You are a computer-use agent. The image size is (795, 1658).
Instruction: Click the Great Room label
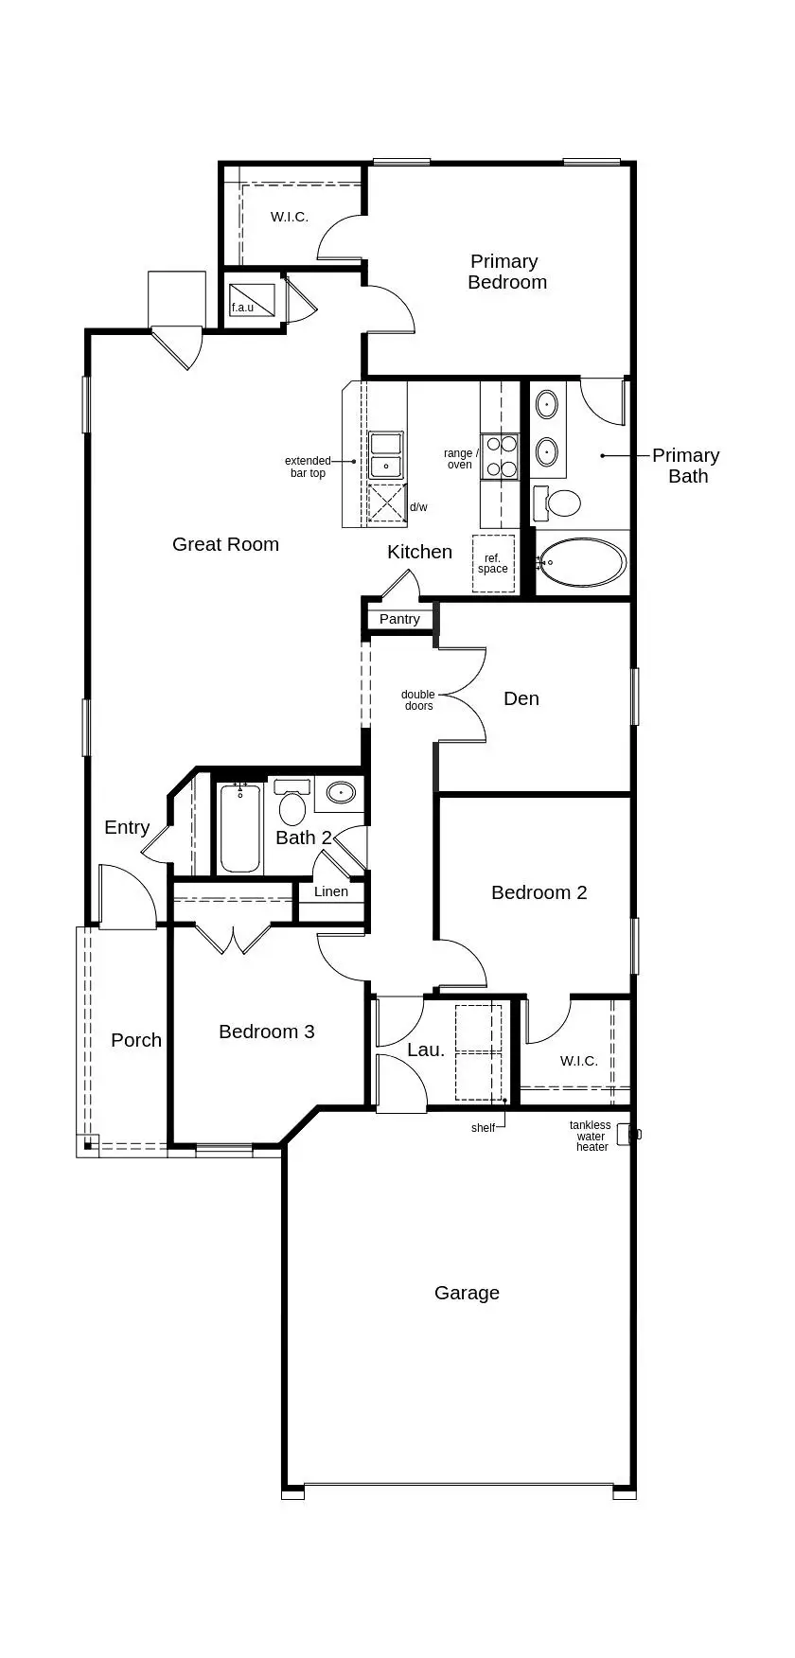(x=225, y=544)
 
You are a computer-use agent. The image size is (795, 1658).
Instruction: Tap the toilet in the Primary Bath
(x=561, y=503)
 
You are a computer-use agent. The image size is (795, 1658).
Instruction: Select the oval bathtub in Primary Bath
(x=581, y=563)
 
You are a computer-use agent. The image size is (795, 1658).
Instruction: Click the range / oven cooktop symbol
(x=501, y=455)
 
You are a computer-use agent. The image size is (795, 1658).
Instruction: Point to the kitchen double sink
(x=386, y=455)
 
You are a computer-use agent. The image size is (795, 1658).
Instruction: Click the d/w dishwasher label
(x=418, y=507)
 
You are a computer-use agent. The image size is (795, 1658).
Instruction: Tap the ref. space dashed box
(x=493, y=564)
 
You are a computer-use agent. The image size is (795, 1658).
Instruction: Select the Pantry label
(x=399, y=619)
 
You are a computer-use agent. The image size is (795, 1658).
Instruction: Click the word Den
(x=521, y=698)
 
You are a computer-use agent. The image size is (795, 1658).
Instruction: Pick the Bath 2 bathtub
(x=239, y=827)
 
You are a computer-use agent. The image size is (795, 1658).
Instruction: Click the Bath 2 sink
(x=339, y=792)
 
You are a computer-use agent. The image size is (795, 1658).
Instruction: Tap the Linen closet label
(x=331, y=891)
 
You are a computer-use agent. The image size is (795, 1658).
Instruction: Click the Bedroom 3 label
(x=266, y=1032)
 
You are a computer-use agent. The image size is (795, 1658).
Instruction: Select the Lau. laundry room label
(x=425, y=1049)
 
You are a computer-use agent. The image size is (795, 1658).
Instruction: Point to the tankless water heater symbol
(x=627, y=1134)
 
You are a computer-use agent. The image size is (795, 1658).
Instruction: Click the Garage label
(x=467, y=1293)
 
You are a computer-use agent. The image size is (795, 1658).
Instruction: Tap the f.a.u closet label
(x=243, y=308)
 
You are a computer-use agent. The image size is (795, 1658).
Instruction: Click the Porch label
(x=136, y=1040)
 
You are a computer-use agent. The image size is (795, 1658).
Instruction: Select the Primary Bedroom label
(x=506, y=272)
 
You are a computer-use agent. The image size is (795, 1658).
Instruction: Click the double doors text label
(x=418, y=700)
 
